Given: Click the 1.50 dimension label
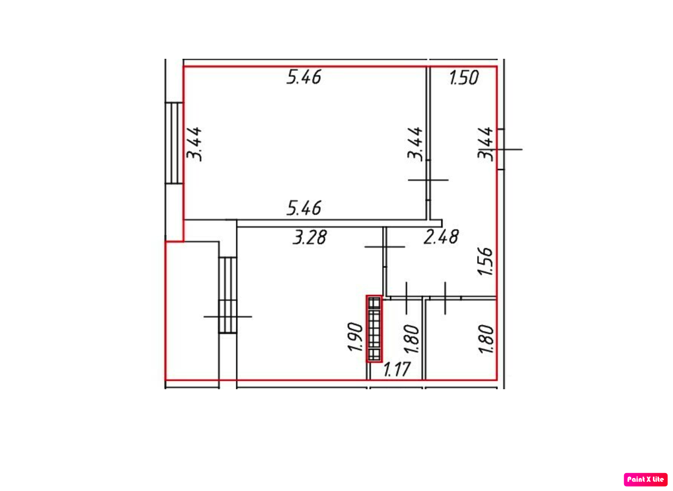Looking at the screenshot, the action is [464, 78].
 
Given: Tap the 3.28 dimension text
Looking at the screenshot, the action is [309, 237].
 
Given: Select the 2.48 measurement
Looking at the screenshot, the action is [441, 237].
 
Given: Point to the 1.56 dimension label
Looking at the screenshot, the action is [485, 261].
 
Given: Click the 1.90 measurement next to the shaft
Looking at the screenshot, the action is [355, 337].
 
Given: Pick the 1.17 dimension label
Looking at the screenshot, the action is [397, 370].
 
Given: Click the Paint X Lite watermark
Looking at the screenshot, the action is [645, 480].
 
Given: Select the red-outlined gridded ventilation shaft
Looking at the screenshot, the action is [374, 329].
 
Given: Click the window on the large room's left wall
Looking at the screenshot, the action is [174, 143].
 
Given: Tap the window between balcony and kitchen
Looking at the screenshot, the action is [227, 295].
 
